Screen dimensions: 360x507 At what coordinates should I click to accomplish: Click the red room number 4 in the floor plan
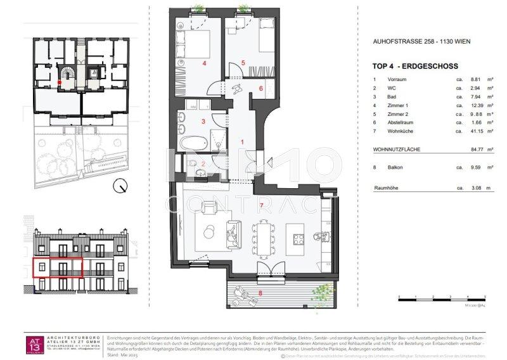coord(205,64)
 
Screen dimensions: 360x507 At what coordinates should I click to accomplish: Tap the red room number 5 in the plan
coord(243,63)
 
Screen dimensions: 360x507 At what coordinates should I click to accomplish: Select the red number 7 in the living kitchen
coord(261,206)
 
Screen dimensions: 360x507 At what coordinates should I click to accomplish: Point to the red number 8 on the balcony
coord(260,293)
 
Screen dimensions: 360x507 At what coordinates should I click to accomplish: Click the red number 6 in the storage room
coord(260,89)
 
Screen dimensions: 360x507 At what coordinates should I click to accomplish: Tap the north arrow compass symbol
coord(120,186)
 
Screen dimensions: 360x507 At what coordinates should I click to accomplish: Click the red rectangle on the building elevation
coord(58,269)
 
